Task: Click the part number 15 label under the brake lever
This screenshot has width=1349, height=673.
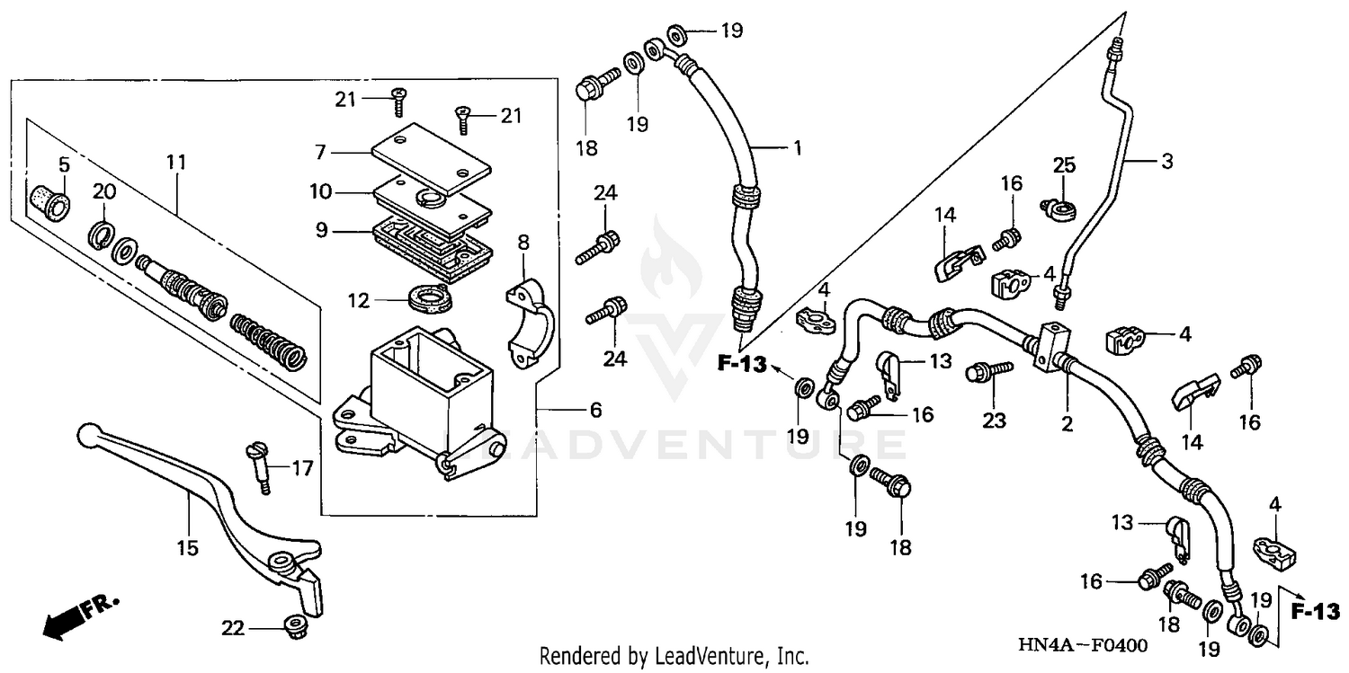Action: coord(187,547)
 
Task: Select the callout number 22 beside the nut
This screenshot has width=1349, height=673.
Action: coord(233,628)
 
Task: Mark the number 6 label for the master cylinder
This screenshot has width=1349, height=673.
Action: coord(595,410)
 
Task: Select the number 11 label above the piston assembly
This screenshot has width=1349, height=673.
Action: coord(175,163)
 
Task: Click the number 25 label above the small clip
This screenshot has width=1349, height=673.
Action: coord(1065,164)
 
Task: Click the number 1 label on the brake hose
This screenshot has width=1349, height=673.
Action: coord(796,146)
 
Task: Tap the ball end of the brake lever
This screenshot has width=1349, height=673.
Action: coord(86,434)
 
